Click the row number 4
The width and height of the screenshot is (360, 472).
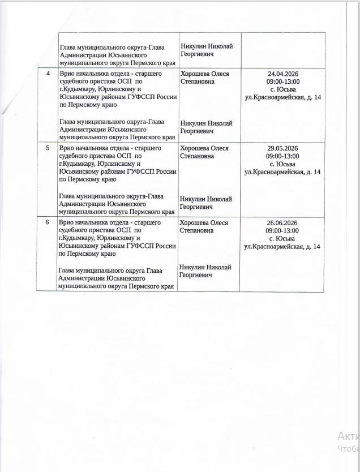[x=48, y=74]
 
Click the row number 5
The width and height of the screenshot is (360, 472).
[x=48, y=148]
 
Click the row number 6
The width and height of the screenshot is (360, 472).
[x=48, y=222]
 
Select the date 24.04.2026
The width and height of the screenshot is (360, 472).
[x=282, y=74]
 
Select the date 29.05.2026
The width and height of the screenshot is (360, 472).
[x=282, y=148]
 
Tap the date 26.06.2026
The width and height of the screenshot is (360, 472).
[x=282, y=223]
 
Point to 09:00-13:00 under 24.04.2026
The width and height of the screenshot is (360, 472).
[x=282, y=82]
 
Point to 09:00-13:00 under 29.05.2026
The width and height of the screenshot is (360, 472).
[x=282, y=156]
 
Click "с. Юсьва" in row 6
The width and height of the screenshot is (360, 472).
[x=282, y=239]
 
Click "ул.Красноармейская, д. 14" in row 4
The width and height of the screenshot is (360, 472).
[x=282, y=97]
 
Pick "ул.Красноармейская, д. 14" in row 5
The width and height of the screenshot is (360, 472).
[x=282, y=172]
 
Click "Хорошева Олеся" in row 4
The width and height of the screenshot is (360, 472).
[x=204, y=74]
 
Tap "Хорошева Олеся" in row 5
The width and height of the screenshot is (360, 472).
[x=204, y=148]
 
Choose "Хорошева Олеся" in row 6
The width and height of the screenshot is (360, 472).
[x=204, y=223]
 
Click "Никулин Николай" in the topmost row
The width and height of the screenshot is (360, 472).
[x=207, y=46]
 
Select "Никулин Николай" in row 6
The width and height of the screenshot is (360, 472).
[x=205, y=267]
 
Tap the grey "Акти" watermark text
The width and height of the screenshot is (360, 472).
[x=348, y=436]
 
